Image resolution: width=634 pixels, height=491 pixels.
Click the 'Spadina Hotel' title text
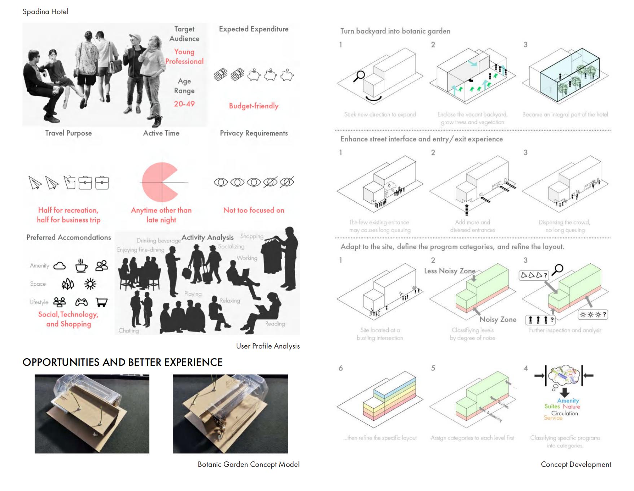tap(45, 12)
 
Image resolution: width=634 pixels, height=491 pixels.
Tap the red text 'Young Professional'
tap(184, 57)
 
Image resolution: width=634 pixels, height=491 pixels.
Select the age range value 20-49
tap(184, 104)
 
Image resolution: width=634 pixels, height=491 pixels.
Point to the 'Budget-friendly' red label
tap(254, 106)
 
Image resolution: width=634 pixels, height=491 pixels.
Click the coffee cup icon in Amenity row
tap(81, 266)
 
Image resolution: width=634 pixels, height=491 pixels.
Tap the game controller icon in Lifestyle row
tap(81, 302)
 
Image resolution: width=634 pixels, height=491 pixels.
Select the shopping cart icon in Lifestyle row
tap(102, 302)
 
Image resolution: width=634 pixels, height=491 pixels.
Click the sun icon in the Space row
tap(90, 284)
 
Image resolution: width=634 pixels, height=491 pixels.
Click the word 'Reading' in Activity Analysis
tap(275, 324)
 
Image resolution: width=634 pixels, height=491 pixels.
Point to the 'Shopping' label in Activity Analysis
tap(252, 236)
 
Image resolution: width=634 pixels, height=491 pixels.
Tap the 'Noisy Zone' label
tap(498, 320)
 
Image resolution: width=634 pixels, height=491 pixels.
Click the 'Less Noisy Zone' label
tap(450, 271)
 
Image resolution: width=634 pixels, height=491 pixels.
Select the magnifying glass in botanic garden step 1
tap(359, 76)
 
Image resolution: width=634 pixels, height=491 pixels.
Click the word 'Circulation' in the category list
tap(564, 413)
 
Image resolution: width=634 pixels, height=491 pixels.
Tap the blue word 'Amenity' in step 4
tap(568, 401)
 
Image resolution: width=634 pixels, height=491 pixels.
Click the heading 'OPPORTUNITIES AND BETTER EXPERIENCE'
tap(123, 362)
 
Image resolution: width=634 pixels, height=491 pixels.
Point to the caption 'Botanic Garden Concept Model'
tap(249, 465)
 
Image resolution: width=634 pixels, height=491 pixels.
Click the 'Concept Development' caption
tap(576, 465)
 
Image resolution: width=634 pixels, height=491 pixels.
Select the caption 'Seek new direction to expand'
tap(380, 114)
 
